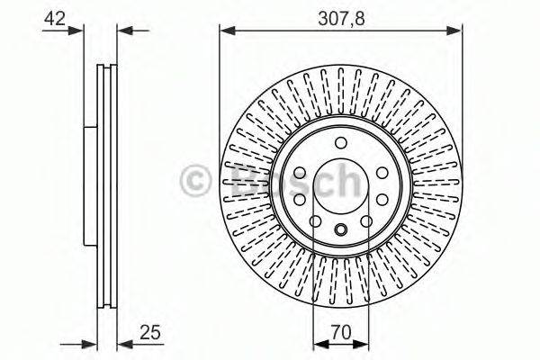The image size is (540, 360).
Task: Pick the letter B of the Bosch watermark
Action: click(x=243, y=180)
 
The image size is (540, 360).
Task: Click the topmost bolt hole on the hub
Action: click(x=341, y=143)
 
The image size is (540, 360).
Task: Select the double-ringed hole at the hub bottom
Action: click(x=341, y=231)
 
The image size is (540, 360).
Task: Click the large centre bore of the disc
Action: click(x=341, y=187)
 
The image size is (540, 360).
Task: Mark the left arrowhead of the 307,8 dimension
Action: click(x=226, y=30)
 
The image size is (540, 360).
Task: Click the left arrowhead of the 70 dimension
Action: click(x=317, y=343)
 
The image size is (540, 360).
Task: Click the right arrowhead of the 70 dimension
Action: click(x=364, y=343)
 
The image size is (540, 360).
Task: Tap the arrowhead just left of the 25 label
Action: click(x=122, y=343)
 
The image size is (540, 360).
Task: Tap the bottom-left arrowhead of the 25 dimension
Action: click(x=90, y=343)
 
